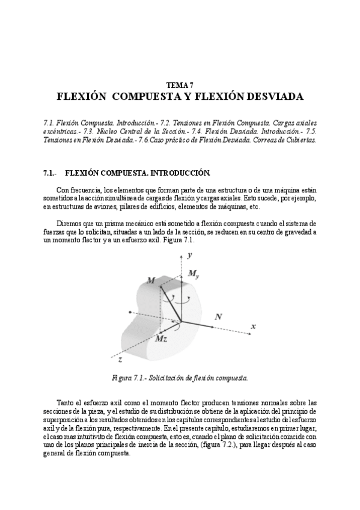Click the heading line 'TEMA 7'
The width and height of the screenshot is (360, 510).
point(180,85)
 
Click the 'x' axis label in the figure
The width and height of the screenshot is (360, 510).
point(253,326)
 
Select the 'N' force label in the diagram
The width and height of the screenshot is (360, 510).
point(218,316)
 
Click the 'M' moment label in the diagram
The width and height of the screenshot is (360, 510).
point(150,280)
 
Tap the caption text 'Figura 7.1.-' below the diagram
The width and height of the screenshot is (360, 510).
point(129,378)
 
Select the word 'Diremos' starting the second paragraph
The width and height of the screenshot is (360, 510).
point(70,223)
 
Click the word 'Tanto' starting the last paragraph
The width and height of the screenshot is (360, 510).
point(67,402)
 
